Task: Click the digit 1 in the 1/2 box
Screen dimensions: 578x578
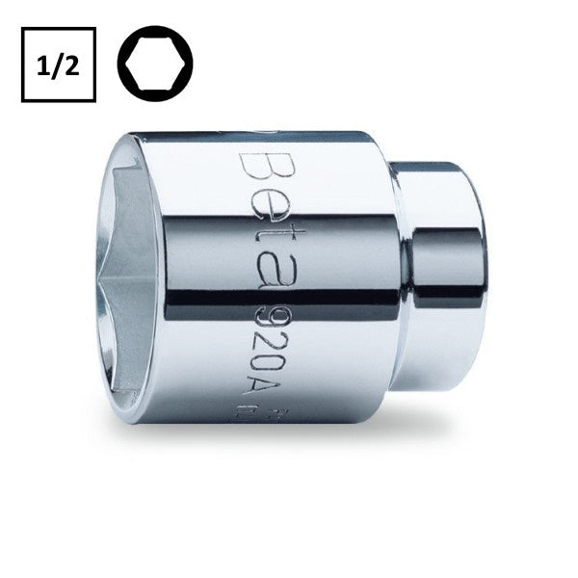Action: pos(46,65)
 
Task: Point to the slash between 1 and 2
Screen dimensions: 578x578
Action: pos(59,65)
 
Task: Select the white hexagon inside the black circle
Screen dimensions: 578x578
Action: pos(155,65)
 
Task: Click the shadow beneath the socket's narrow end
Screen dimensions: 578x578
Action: pos(453,406)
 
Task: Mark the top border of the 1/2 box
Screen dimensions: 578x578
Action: pos(59,29)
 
